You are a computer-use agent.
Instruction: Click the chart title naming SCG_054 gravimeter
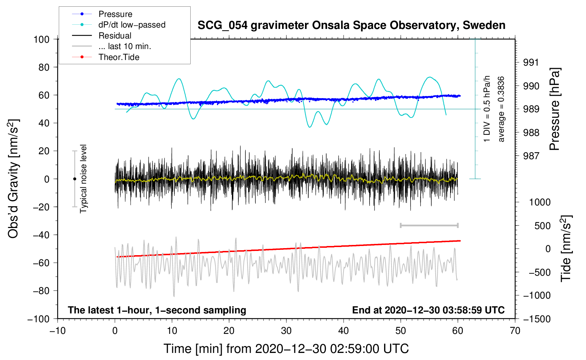[x=351, y=25]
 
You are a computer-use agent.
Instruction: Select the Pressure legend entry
[x=102, y=14]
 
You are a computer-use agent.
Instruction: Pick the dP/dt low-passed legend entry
[x=119, y=25]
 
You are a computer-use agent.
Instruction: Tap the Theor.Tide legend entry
[x=106, y=57]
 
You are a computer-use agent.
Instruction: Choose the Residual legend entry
[x=102, y=36]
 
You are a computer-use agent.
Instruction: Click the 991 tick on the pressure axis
[x=531, y=62]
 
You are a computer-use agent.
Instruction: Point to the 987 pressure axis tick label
[x=531, y=156]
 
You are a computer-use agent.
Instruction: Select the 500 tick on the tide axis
[x=543, y=226]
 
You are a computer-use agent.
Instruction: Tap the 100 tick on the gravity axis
[x=42, y=40]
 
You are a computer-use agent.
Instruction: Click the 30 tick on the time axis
[x=286, y=331]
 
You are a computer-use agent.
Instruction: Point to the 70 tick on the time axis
[x=515, y=331]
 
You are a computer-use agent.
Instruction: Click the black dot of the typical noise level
[x=74, y=179]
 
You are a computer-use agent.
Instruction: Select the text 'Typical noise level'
[x=83, y=179]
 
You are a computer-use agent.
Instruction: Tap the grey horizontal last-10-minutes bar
[x=429, y=225]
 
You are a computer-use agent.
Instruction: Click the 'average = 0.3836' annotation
[x=501, y=109]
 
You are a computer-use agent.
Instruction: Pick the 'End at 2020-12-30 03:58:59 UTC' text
[x=428, y=310]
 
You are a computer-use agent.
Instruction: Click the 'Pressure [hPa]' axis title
[x=555, y=109]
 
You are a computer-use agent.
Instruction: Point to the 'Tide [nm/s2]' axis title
[x=566, y=248]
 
